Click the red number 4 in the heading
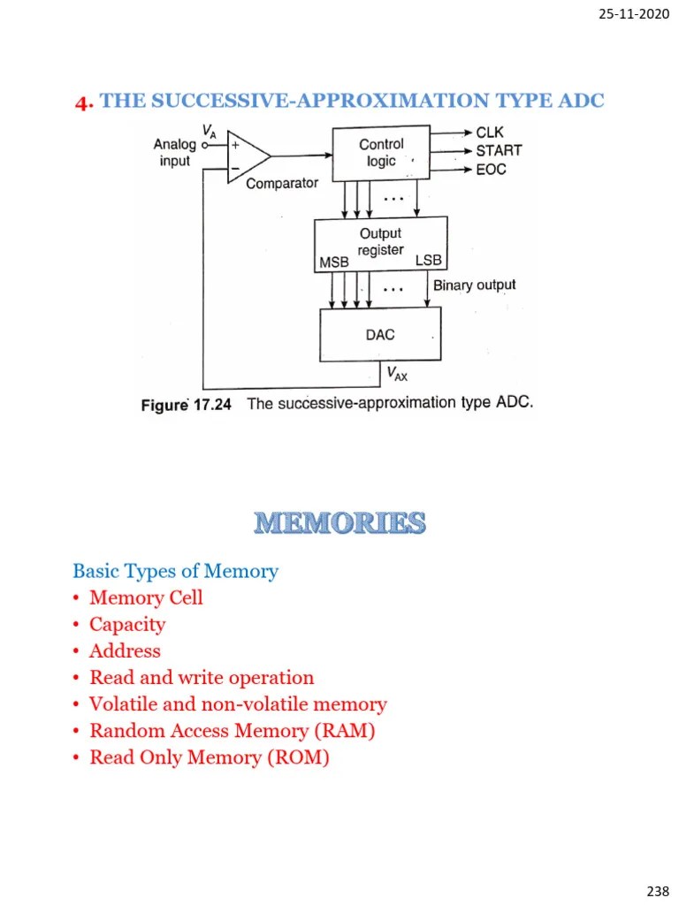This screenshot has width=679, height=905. pos(84,103)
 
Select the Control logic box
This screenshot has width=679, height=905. pos(381,153)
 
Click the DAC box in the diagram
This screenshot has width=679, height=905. pos(380,335)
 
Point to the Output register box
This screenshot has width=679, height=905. pos(380,242)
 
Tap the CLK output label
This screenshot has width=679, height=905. pos(490,133)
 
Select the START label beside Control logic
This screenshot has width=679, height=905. pos(499,150)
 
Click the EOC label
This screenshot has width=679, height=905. pos(491,169)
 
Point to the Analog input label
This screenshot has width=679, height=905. pos(174,152)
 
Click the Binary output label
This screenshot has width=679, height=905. pos(474,285)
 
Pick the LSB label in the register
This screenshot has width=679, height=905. pos(428,262)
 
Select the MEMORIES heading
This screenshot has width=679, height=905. pos(339,523)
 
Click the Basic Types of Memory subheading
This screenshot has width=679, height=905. pos(175,571)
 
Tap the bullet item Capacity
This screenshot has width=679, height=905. pos(127,624)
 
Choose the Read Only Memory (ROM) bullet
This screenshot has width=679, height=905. pos(210,757)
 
